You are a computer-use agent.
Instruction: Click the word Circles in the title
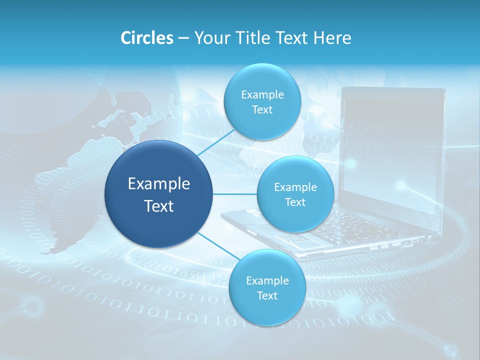click(x=147, y=38)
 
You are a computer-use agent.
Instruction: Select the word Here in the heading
click(x=332, y=38)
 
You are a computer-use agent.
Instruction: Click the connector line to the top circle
click(x=216, y=142)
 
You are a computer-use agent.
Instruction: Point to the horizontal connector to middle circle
click(x=235, y=194)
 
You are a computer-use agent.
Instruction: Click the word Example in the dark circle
click(x=159, y=184)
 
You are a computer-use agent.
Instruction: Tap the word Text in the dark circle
click(x=159, y=206)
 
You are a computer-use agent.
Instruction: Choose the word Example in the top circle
click(x=262, y=95)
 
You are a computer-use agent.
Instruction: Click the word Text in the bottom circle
click(x=267, y=296)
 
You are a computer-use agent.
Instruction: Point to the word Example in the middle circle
click(x=295, y=187)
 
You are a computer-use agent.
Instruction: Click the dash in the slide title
click(x=183, y=38)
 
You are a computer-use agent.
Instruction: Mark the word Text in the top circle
click(x=262, y=110)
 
